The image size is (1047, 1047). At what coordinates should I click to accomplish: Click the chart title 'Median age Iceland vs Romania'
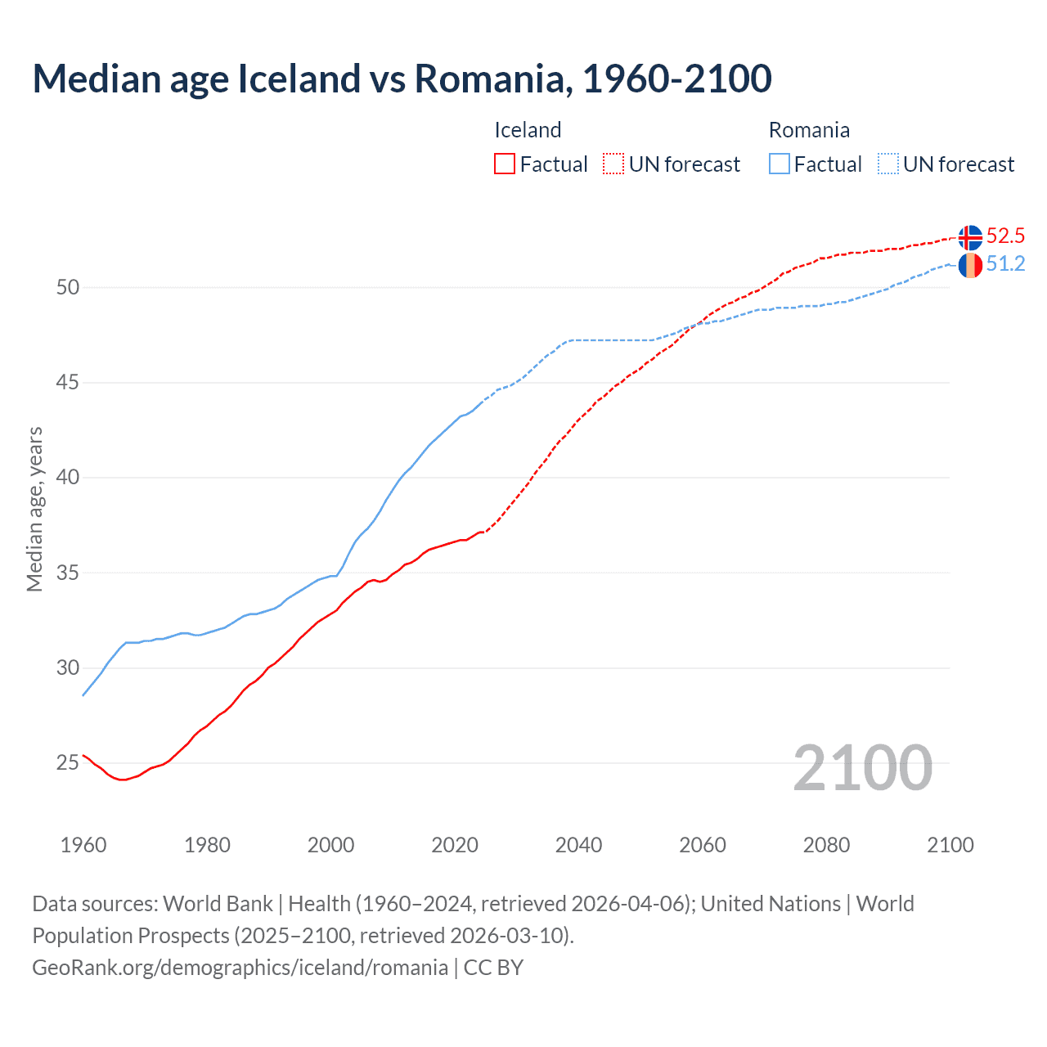point(402,79)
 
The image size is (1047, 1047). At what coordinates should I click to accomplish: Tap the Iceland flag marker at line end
point(970,237)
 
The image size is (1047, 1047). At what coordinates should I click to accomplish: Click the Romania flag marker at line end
point(970,265)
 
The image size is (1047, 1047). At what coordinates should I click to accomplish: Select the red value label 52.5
point(1005,236)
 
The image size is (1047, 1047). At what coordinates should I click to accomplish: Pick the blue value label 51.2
point(1005,264)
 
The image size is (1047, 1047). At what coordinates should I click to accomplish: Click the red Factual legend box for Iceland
point(505,164)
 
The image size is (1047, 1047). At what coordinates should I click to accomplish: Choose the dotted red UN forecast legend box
point(613,164)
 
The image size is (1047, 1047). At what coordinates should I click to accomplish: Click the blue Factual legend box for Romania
point(780,164)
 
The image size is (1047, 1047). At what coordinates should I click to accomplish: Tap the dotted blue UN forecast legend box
point(888,164)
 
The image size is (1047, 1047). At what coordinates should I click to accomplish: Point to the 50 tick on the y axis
point(68,288)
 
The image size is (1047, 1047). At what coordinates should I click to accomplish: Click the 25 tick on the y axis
point(68,763)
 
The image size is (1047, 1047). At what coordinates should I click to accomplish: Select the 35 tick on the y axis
point(68,573)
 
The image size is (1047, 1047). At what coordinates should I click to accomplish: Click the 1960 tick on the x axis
point(83,845)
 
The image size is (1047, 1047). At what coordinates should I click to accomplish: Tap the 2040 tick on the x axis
point(578,845)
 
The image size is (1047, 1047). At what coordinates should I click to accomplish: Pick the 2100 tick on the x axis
point(950,845)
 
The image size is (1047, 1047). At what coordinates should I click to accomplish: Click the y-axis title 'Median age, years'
point(34,509)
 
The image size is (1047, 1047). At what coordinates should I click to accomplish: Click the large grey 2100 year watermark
point(863,768)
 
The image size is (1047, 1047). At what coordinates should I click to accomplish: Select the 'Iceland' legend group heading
point(528,130)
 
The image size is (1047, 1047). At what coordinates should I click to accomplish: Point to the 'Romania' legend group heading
point(809,130)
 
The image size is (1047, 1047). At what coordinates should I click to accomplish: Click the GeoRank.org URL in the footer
point(240,968)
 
